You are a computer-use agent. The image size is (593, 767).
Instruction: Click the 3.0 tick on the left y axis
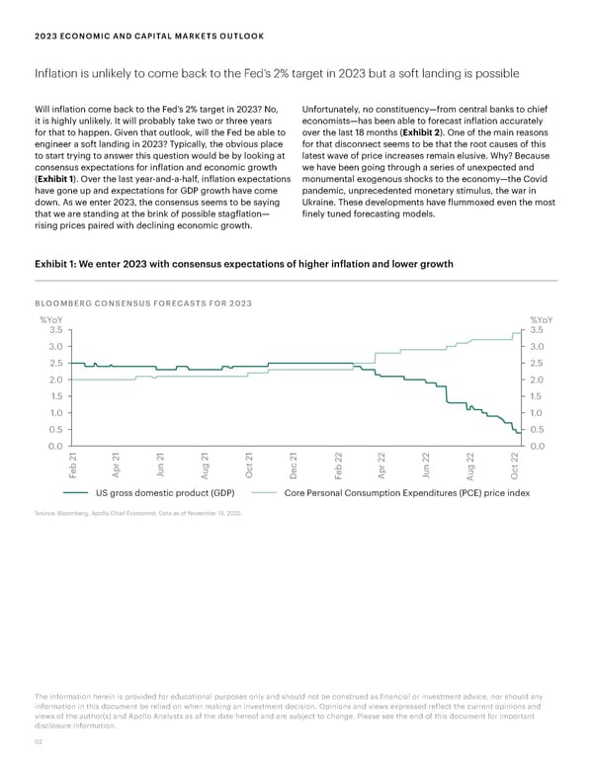[x=55, y=347]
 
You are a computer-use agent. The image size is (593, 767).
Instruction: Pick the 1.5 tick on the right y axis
[x=540, y=396]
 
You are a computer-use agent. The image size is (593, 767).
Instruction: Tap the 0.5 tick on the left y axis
[x=55, y=430]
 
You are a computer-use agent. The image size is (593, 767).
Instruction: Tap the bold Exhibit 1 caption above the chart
[x=243, y=264]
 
